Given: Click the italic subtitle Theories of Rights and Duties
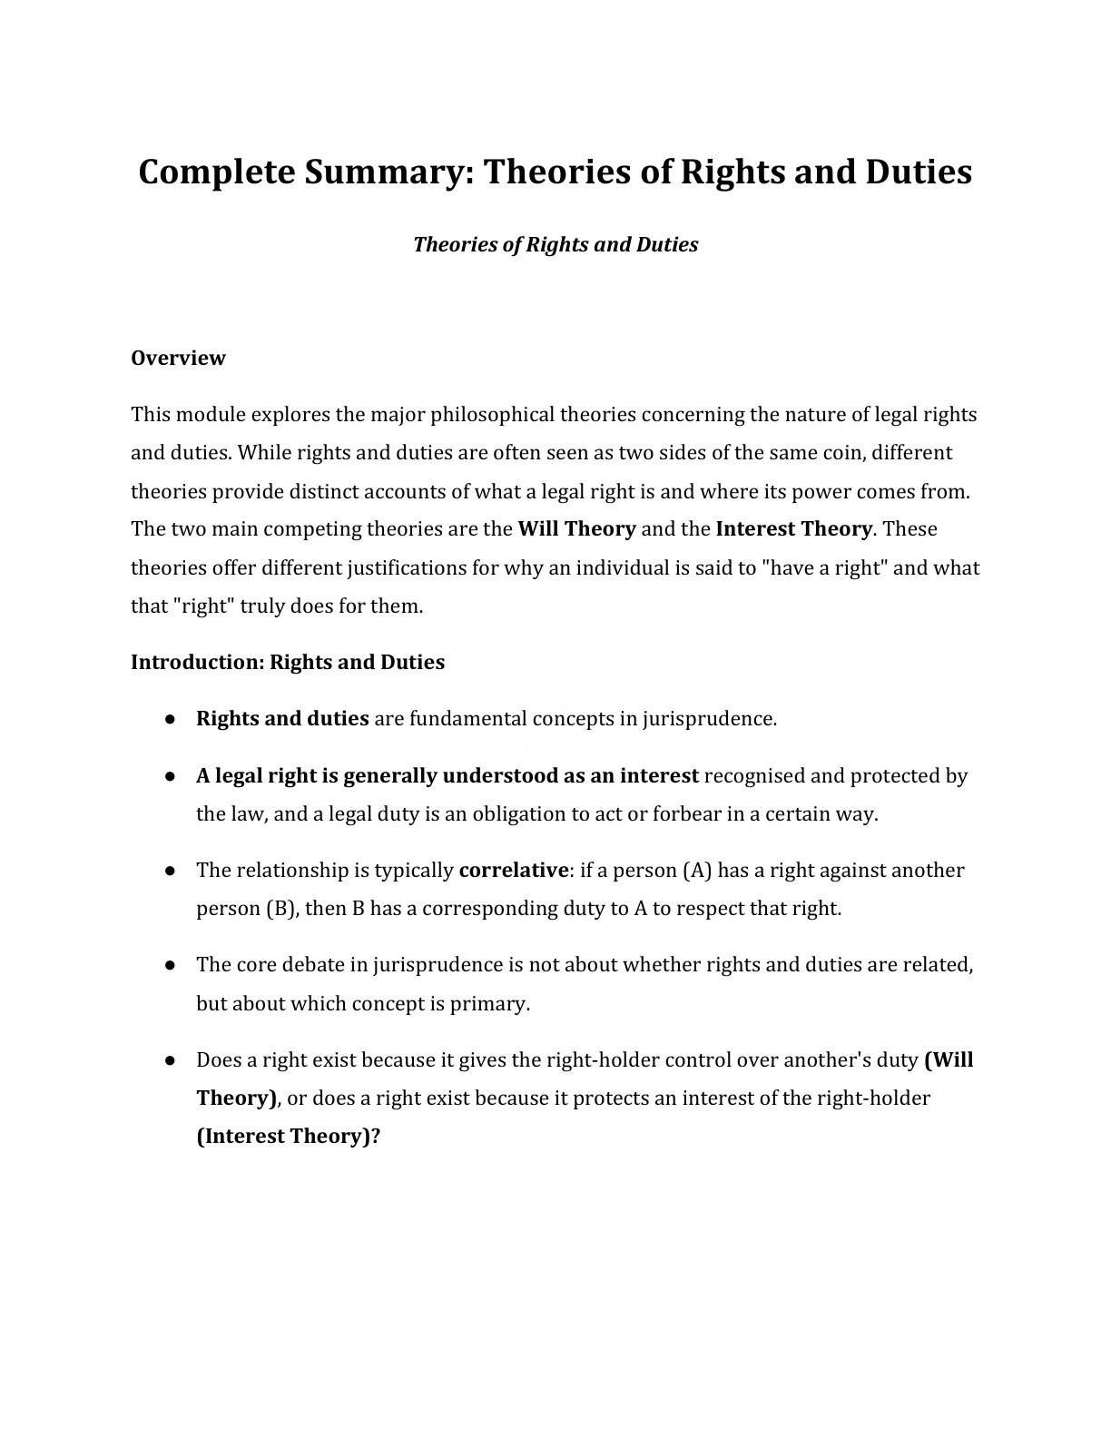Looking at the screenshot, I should (x=555, y=245).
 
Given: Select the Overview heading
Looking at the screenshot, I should (x=178, y=358).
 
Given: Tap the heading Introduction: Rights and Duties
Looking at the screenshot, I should (x=288, y=662).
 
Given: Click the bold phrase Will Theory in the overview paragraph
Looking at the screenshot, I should (x=576, y=529).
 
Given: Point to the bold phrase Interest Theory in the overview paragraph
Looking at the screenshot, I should (x=793, y=529).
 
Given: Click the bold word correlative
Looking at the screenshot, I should (x=513, y=871).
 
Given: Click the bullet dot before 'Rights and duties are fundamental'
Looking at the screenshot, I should (x=170, y=719).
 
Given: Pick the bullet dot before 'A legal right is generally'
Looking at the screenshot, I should (x=170, y=776).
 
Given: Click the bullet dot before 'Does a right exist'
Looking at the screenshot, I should (x=170, y=1060).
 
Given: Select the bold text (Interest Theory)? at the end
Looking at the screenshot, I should (x=288, y=1137).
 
